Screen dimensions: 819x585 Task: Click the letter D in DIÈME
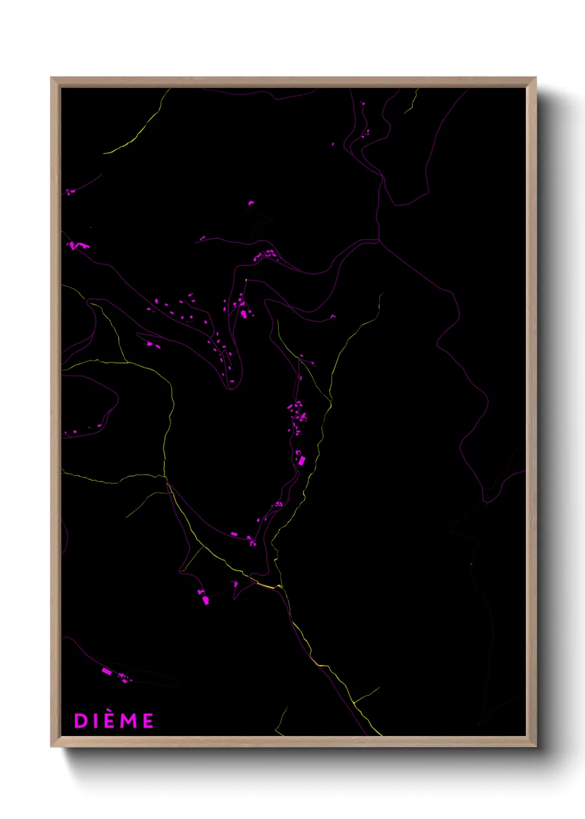click(81, 720)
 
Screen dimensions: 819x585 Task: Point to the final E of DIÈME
click(148, 720)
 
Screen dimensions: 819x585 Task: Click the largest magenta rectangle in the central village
click(301, 460)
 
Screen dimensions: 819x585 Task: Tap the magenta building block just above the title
click(107, 671)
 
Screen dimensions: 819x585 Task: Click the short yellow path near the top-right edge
click(412, 103)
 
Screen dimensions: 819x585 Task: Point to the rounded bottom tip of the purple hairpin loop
click(231, 388)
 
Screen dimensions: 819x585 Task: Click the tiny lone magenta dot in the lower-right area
click(471, 564)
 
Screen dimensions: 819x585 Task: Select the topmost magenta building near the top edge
click(363, 103)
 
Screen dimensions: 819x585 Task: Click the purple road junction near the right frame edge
click(485, 501)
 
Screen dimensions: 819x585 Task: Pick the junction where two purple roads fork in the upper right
click(379, 241)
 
